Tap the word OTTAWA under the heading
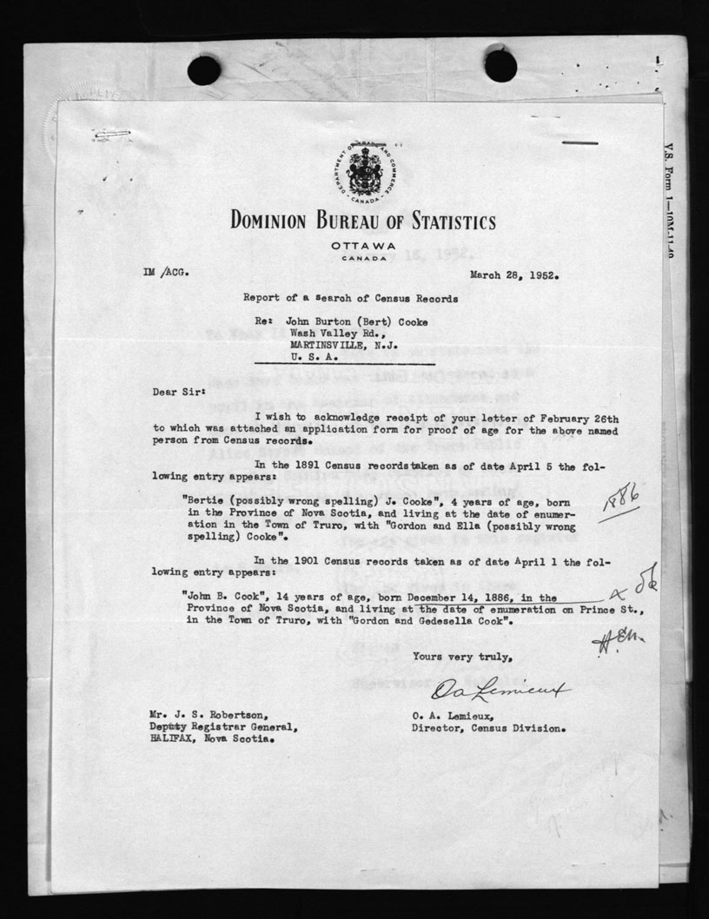363,246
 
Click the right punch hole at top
500,66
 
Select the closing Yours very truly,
457,656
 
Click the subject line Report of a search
350,298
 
